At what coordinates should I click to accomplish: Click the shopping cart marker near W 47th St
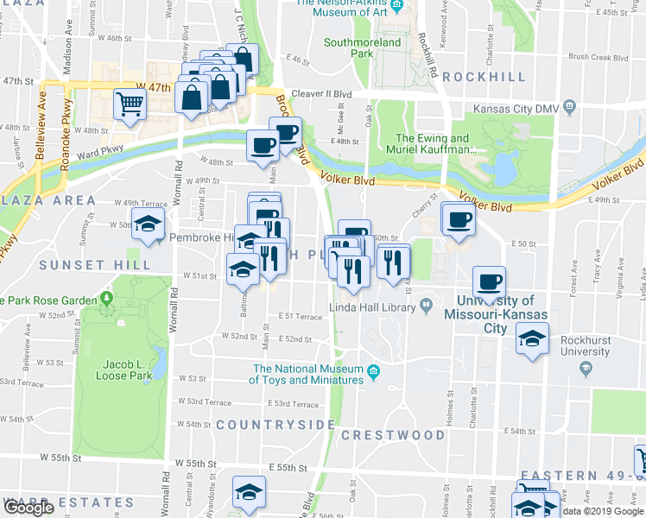pyautogui.click(x=130, y=105)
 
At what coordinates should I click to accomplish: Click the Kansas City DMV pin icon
pyautogui.click(x=568, y=108)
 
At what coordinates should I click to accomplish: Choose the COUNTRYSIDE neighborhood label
pyautogui.click(x=275, y=425)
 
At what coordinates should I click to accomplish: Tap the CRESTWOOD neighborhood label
pyautogui.click(x=392, y=435)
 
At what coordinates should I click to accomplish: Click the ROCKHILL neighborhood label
pyautogui.click(x=484, y=77)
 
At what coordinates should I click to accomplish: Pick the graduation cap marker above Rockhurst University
pyautogui.click(x=532, y=338)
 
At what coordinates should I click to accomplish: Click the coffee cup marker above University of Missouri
pyautogui.click(x=490, y=281)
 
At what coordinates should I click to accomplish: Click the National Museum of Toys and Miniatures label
pyautogui.click(x=307, y=374)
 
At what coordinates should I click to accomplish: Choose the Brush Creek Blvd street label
pyautogui.click(x=598, y=58)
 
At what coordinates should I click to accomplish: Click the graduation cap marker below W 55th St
pyautogui.click(x=249, y=494)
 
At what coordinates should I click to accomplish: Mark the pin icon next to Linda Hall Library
pyautogui.click(x=427, y=306)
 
